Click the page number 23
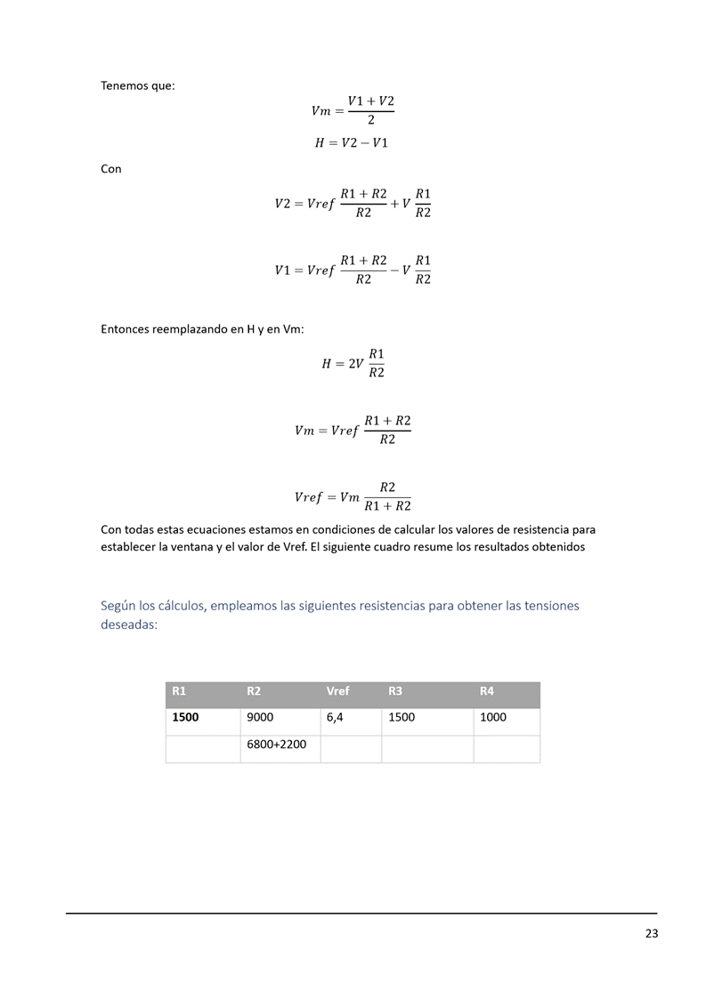[x=652, y=934]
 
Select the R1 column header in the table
[x=179, y=691]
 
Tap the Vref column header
[x=337, y=691]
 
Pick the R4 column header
[x=486, y=691]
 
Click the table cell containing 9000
[x=259, y=717]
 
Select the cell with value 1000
[x=492, y=717]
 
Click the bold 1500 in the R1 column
[x=185, y=717]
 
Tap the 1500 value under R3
[x=402, y=717]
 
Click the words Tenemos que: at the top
[x=138, y=86]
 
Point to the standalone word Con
[x=111, y=169]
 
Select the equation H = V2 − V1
[x=352, y=143]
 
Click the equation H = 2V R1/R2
[x=353, y=363]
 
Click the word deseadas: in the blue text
[x=129, y=624]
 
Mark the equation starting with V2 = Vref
[x=353, y=204]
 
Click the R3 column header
[x=396, y=691]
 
